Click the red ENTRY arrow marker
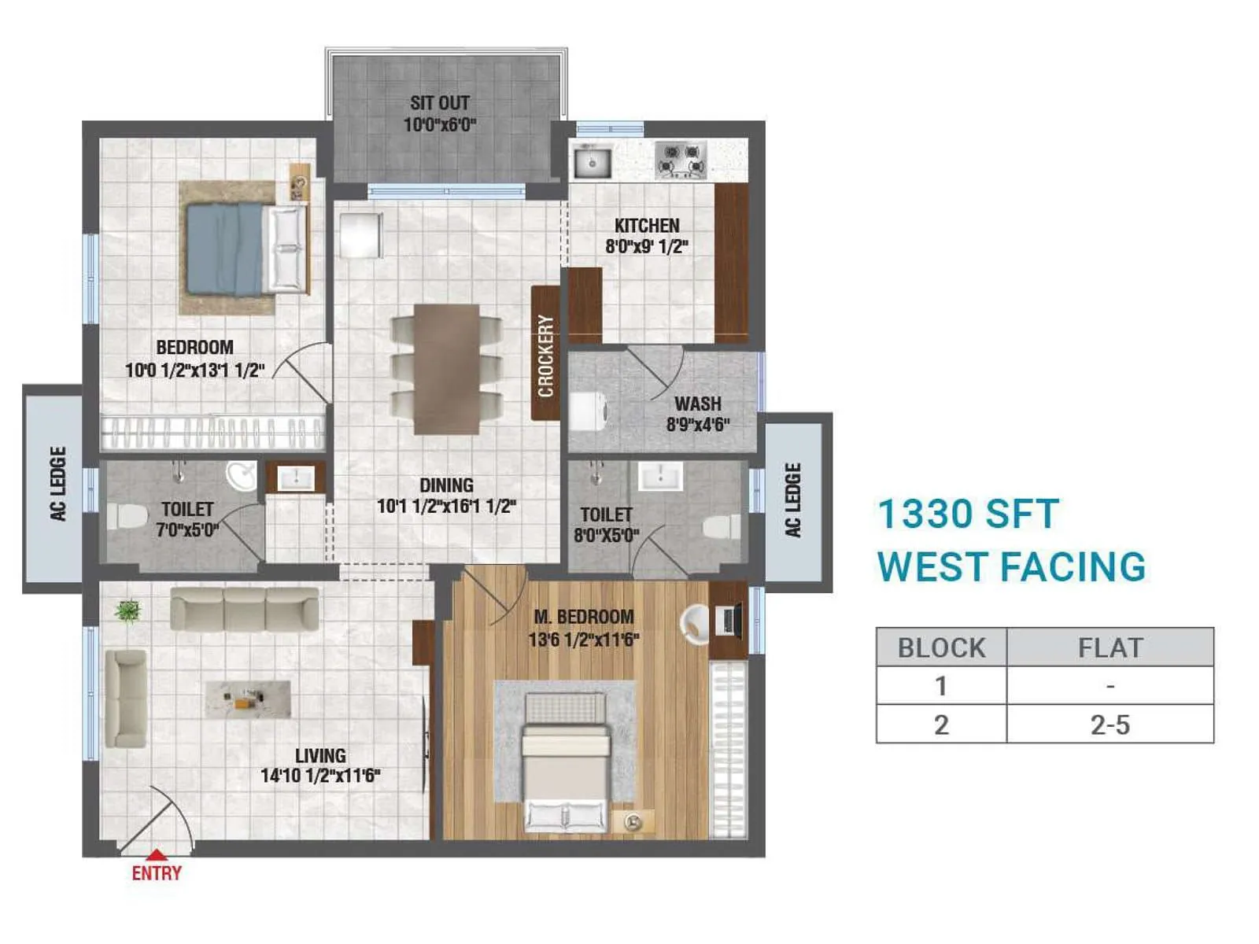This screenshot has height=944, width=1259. tap(157, 854)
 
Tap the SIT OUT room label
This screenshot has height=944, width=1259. tap(439, 103)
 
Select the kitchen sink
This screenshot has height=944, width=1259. tap(592, 162)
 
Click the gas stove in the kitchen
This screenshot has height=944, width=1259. tap(681, 160)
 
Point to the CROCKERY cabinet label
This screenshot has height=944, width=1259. tap(545, 355)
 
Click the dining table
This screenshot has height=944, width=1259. tap(446, 368)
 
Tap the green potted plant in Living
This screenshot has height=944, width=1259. tap(127, 610)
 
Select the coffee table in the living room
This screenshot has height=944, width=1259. tap(248, 699)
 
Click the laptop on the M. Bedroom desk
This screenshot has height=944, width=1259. tap(729, 621)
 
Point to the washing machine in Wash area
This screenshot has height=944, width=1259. tap(587, 411)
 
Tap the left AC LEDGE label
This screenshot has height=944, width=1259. tap(57, 484)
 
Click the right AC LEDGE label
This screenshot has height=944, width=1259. tap(792, 500)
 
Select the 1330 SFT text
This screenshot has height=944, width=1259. tap(968, 514)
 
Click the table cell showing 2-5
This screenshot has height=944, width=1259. tap(1109, 725)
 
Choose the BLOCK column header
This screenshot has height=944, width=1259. tap(941, 647)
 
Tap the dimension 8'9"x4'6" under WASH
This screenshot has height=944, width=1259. tap(698, 425)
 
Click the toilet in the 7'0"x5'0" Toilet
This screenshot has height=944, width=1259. tap(127, 517)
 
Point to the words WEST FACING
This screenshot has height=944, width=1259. tap(1011, 567)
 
